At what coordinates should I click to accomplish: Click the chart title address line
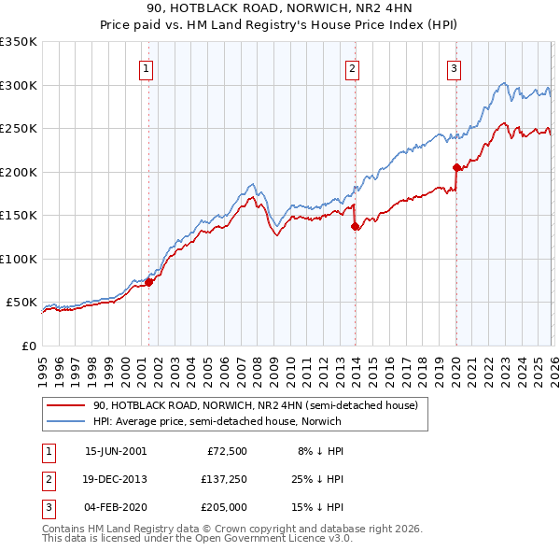(279, 10)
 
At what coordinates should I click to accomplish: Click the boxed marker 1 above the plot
(147, 68)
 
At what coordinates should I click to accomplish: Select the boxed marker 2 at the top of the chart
(352, 68)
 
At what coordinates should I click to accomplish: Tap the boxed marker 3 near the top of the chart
(453, 68)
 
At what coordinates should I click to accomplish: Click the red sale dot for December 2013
(355, 226)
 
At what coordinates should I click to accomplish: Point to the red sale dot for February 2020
(456, 168)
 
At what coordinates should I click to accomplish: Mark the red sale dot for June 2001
(148, 282)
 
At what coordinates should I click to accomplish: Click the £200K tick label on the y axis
(19, 172)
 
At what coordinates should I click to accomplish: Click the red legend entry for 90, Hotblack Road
(260, 406)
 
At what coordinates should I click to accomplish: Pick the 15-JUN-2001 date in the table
(115, 451)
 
